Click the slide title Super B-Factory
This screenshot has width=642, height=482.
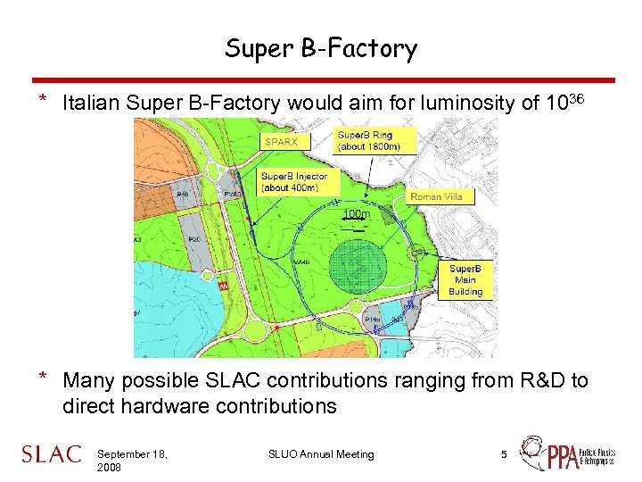320,48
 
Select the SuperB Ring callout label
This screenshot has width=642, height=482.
368,140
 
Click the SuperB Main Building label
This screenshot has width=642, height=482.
465,279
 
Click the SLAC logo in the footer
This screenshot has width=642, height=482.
51,454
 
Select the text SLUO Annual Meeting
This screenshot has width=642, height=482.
321,454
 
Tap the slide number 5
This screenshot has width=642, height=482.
504,454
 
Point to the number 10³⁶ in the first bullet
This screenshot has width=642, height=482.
565,103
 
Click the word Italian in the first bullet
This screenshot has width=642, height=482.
92,104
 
